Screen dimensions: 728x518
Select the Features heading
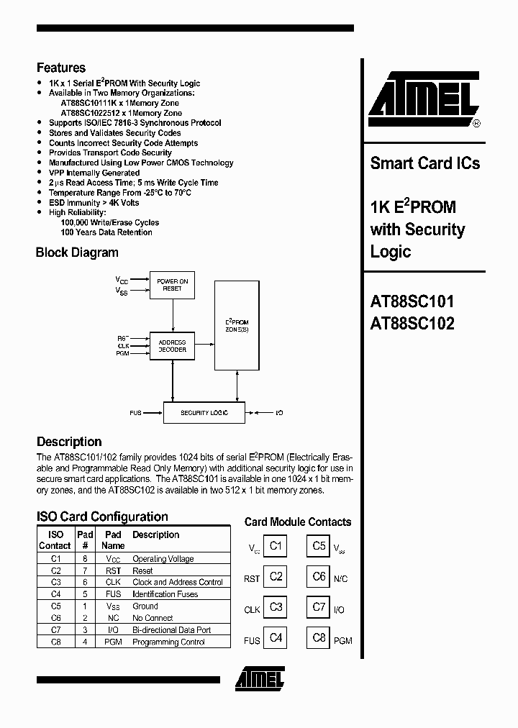point(61,68)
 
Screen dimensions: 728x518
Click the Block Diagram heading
point(77,252)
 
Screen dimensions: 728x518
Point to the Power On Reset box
point(172,285)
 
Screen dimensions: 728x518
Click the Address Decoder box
point(172,345)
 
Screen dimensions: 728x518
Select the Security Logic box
point(204,413)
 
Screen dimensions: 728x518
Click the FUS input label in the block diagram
point(135,413)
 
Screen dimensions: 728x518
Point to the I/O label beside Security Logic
point(279,413)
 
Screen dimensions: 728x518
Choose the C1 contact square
point(276,546)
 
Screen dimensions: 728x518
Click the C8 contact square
point(319,638)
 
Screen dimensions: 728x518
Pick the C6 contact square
point(319,576)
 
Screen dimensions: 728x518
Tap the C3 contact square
point(276,608)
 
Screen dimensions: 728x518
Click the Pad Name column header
point(113,540)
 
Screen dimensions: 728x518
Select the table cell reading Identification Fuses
point(165,594)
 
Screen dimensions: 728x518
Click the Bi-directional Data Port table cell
point(171,630)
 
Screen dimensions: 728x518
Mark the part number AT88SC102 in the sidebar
point(412,324)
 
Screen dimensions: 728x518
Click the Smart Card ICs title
point(424,163)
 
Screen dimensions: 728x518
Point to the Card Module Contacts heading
point(298,522)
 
